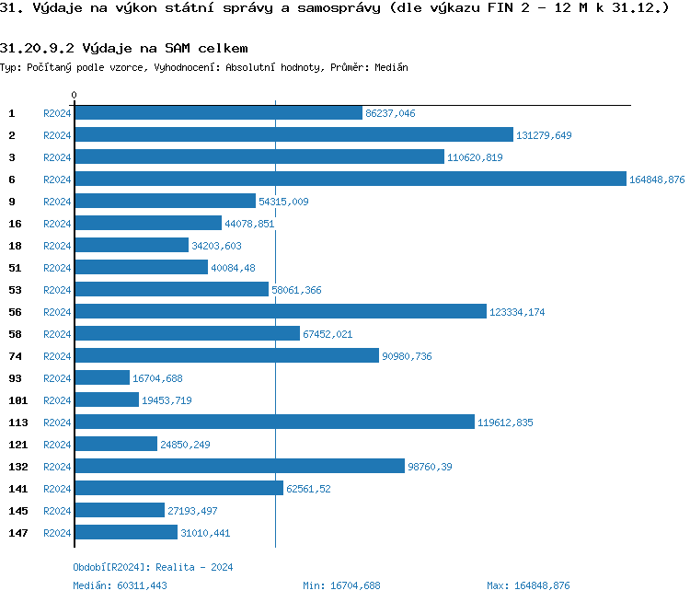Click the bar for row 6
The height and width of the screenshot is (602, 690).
(350, 179)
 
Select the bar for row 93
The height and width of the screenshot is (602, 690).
(102, 378)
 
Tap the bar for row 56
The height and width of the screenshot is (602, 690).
(281, 312)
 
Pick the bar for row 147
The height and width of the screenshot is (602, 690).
(126, 533)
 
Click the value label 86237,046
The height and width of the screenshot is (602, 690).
(390, 113)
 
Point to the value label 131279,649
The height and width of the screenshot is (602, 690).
(544, 135)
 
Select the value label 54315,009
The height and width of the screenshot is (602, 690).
(283, 202)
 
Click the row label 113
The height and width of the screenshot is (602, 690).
(18, 423)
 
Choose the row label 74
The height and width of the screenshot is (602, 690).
(15, 356)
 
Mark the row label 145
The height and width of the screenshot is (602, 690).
(18, 511)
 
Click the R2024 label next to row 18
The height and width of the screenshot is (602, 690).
(57, 246)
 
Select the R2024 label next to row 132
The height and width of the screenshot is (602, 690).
(57, 467)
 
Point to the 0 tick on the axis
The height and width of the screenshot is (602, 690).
(75, 96)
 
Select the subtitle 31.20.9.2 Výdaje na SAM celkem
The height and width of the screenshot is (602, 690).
(124, 48)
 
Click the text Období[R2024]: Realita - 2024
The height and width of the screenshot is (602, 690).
(153, 567)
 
